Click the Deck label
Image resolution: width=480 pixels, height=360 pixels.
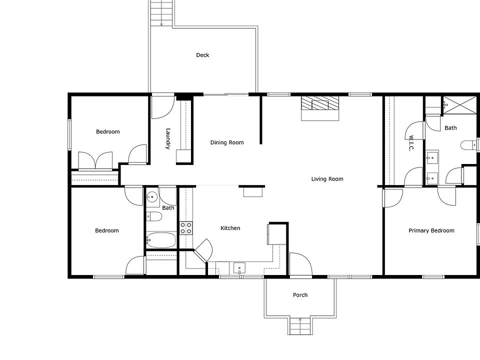tap(202, 55)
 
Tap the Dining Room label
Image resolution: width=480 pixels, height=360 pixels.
tap(227, 142)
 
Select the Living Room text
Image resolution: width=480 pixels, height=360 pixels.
tap(327, 179)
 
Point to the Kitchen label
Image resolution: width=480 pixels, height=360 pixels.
tap(230, 228)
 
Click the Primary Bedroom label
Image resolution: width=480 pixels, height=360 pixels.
tap(431, 230)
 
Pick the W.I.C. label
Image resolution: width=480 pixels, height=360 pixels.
tap(411, 143)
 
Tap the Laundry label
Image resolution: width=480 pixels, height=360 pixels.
tap(168, 138)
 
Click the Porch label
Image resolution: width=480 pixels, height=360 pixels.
tap(300, 295)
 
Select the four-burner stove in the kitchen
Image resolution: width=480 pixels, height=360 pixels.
tap(186, 228)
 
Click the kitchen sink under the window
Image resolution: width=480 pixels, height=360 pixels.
tap(239, 268)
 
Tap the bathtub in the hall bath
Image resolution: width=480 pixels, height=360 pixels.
tap(161, 240)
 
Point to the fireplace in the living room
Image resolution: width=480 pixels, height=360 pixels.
tap(320, 108)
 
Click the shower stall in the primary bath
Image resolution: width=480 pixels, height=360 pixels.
tap(460, 105)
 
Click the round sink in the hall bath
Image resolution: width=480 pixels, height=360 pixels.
tap(152, 197)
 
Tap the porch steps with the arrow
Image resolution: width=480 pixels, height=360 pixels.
tap(300, 326)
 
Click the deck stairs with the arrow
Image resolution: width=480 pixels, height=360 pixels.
tap(161, 13)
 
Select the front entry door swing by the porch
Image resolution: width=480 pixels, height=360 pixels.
tap(301, 264)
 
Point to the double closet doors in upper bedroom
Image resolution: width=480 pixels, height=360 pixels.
tap(95, 160)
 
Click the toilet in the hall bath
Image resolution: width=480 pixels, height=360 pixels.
tap(154, 216)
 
